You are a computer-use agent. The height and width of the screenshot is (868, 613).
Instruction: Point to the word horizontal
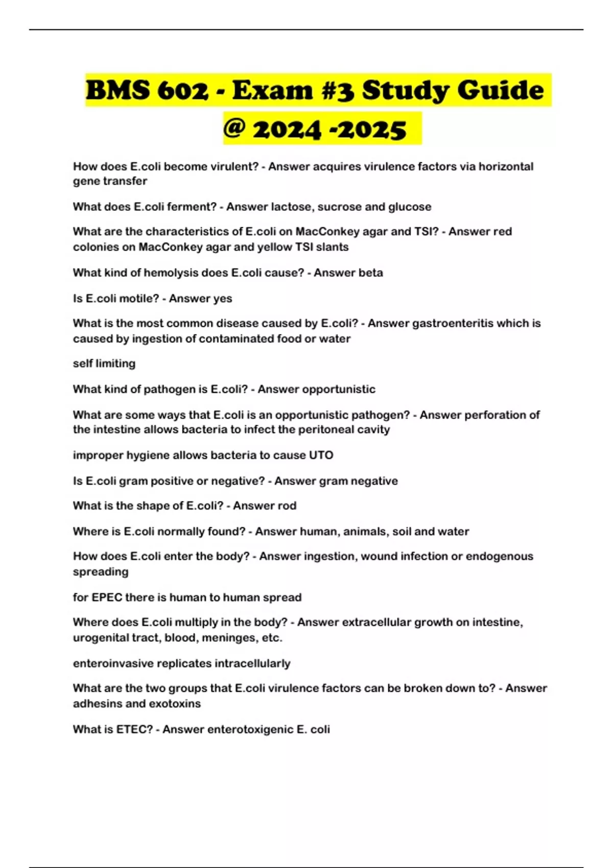click(x=506, y=166)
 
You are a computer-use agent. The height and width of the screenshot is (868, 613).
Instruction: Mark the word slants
click(x=333, y=247)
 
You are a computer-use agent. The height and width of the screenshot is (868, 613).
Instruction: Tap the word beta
click(x=370, y=273)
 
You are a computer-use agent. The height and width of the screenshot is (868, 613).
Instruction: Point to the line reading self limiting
click(x=104, y=364)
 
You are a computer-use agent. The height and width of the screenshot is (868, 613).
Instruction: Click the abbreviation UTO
click(x=321, y=455)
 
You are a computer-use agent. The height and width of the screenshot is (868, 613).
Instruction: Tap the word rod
click(x=287, y=505)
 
